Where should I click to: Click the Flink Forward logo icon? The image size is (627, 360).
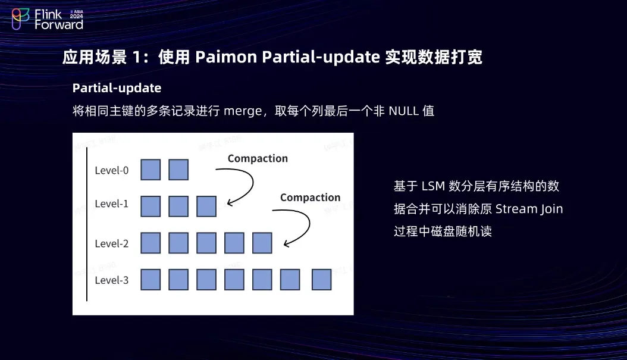[x=20, y=18]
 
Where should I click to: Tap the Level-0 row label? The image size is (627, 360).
[x=112, y=171]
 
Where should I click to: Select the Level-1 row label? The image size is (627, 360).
[x=112, y=204]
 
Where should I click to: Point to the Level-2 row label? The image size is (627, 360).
[x=112, y=243]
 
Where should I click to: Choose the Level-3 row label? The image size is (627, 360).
[x=112, y=280]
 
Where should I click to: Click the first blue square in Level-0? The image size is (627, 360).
[x=151, y=170]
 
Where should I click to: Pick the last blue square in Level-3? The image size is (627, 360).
[x=321, y=280]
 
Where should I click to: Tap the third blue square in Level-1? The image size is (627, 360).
[x=206, y=206]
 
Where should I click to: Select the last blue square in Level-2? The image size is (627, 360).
[x=262, y=243]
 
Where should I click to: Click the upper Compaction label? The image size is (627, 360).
[x=258, y=158]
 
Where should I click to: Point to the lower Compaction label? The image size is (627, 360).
[x=310, y=198]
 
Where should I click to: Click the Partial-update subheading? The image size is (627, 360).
[x=117, y=88]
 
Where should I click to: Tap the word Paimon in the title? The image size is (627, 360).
[x=227, y=57]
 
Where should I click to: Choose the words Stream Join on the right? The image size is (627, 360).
[x=529, y=209]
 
